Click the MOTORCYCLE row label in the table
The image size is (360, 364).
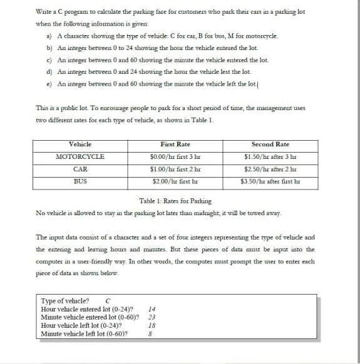click(80, 156)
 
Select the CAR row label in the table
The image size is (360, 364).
click(80, 168)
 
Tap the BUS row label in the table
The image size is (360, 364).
click(80, 181)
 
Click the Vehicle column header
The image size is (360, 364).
click(80, 144)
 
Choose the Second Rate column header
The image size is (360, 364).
click(270, 144)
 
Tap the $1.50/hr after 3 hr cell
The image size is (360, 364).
click(270, 156)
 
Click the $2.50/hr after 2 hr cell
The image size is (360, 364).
click(270, 168)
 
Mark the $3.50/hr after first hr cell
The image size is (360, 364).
click(270, 181)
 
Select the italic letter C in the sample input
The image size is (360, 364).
click(109, 300)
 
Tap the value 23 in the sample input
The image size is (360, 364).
click(152, 317)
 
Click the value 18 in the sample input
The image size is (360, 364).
click(152, 325)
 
